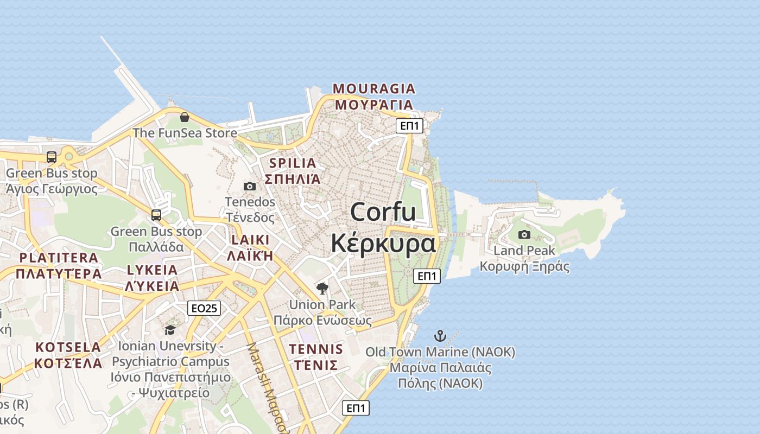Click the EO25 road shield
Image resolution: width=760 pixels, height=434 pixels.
click(x=204, y=308)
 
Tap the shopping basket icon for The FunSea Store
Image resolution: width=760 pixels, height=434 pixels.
click(x=185, y=117)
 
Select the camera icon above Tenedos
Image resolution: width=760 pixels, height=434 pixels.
click(x=250, y=186)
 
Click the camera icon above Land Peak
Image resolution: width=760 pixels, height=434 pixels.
click(x=524, y=234)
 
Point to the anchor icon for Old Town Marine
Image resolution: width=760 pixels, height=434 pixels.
click(x=440, y=336)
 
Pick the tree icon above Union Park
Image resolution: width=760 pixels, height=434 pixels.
click(x=322, y=288)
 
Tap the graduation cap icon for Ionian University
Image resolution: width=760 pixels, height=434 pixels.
click(x=170, y=330)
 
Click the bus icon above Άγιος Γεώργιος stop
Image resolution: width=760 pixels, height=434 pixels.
click(x=52, y=157)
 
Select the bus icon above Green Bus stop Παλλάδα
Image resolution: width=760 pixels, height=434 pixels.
click(x=156, y=215)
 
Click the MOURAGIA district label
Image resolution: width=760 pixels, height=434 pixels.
click(x=374, y=88)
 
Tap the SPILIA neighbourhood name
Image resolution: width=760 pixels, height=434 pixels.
click(x=293, y=163)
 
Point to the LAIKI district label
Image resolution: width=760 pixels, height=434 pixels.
click(x=250, y=240)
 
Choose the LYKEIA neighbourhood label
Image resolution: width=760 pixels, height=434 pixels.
click(x=152, y=270)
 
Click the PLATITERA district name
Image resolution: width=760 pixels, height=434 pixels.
click(x=59, y=258)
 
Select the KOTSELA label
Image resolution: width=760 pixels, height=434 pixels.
click(x=68, y=347)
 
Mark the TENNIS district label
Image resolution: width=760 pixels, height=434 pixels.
click(x=316, y=349)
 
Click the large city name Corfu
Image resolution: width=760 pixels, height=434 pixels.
click(x=383, y=212)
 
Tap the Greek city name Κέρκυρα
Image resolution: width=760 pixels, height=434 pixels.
click(x=383, y=244)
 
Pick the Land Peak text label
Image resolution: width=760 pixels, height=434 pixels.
click(x=524, y=251)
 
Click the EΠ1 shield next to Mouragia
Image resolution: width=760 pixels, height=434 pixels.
click(x=409, y=126)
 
